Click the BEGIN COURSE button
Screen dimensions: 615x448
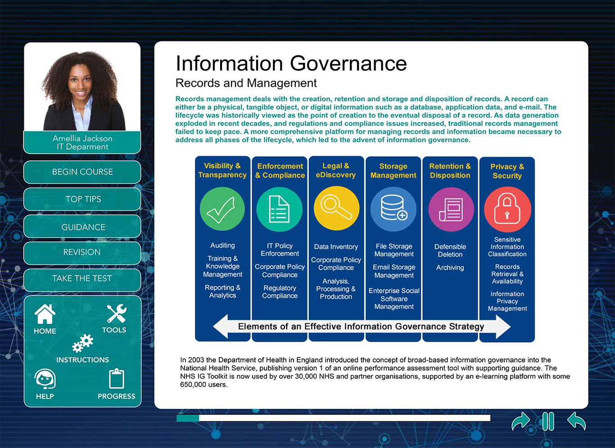[82, 172]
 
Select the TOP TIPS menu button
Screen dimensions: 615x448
[82, 199]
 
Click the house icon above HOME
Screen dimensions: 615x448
[45, 314]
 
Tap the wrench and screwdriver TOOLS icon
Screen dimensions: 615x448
[117, 313]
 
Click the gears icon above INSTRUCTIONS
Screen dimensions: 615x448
[83, 343]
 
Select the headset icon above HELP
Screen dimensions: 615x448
[45, 379]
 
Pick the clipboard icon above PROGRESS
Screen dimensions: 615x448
[117, 379]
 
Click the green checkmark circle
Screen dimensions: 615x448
[222, 209]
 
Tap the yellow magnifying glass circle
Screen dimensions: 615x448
[336, 208]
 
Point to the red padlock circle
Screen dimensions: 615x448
[507, 209]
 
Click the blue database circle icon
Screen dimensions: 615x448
[393, 209]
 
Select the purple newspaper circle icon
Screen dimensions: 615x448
[451, 209]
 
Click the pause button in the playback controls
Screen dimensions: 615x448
[548, 421]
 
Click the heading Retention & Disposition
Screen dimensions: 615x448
[450, 171]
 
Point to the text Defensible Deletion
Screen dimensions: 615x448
[450, 250]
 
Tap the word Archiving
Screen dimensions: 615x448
[450, 267]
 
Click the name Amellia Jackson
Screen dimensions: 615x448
[82, 138]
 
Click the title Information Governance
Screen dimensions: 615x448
[291, 63]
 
